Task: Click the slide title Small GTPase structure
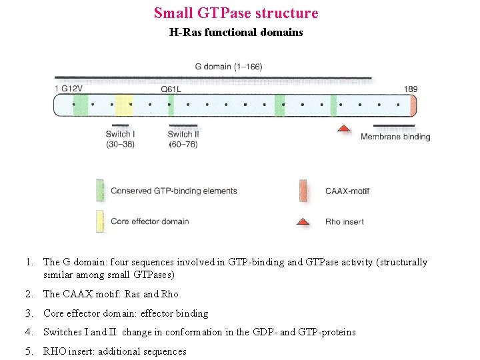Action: click(x=236, y=13)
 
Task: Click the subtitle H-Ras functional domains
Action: click(x=236, y=32)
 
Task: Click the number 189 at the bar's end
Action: click(x=410, y=89)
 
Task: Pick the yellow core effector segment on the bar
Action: click(x=124, y=105)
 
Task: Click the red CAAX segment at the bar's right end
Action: click(x=413, y=105)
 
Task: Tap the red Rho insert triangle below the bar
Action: click(x=343, y=128)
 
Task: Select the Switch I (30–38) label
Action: click(x=120, y=139)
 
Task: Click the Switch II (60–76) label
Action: click(x=183, y=139)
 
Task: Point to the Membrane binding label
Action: click(x=395, y=137)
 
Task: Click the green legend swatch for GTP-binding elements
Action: click(x=99, y=191)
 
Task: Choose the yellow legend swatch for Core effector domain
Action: click(x=99, y=221)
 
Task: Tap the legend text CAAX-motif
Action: click(x=347, y=191)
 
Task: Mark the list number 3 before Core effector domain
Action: click(x=29, y=313)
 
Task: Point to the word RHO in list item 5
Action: click(x=55, y=351)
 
